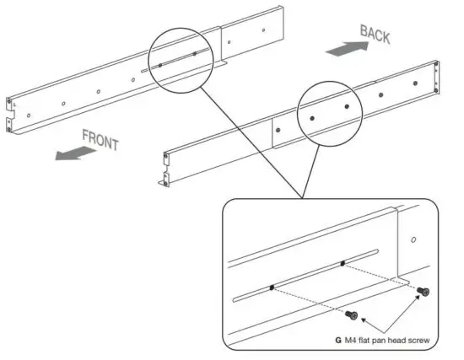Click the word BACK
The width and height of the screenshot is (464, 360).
(375, 36)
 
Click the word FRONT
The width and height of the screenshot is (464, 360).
(100, 138)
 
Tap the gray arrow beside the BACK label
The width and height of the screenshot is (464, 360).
(338, 51)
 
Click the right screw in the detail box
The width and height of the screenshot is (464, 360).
(423, 292)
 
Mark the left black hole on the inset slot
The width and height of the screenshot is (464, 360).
(272, 287)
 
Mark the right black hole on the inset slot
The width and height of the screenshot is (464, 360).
(343, 264)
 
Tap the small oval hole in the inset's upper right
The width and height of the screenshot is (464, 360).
(413, 239)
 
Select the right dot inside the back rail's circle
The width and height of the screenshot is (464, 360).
(194, 54)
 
